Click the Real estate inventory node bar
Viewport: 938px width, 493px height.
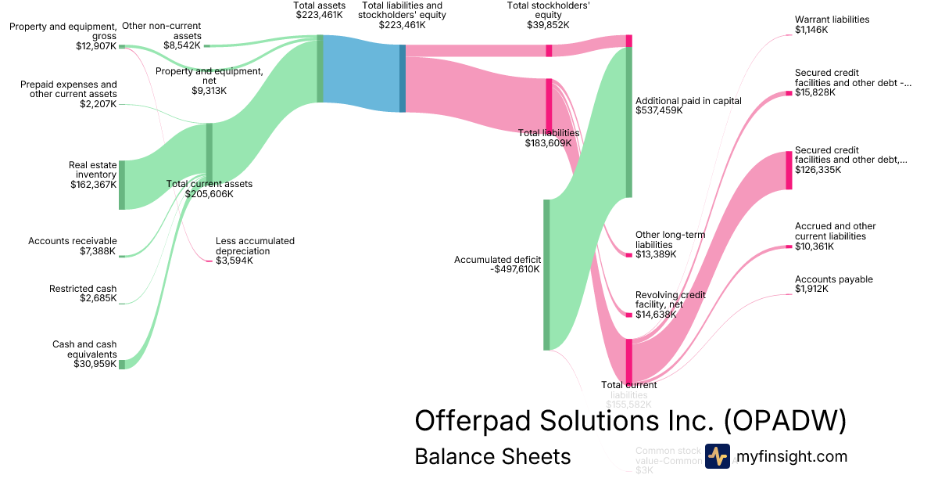coord(122,185)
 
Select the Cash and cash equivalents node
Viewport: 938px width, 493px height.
coord(122,364)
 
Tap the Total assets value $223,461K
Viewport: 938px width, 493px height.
coord(319,14)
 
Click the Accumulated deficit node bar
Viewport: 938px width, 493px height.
coord(546,275)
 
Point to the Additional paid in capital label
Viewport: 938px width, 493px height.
coord(688,101)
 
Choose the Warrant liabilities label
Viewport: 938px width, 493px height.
coord(832,20)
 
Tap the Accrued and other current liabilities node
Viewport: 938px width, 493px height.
coord(789,247)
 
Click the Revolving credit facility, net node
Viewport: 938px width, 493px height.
coord(628,315)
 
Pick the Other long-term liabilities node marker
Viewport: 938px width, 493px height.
coord(628,254)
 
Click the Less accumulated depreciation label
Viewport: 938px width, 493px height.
coord(255,246)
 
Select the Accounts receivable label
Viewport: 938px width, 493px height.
coord(73,241)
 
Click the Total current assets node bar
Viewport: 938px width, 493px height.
coord(209,153)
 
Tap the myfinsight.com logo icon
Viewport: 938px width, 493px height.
coord(717,456)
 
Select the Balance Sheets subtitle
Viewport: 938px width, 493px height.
coord(492,456)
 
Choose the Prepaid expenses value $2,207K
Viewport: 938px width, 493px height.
coord(98,104)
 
